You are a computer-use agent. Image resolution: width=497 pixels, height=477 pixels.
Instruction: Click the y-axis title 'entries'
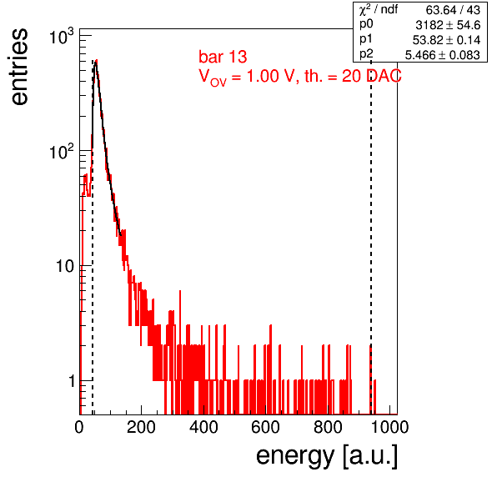coord(20,67)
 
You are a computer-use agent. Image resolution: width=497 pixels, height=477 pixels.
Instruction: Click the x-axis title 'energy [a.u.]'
coord(327,457)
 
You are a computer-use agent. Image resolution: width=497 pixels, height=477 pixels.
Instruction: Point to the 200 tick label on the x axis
coord(141,428)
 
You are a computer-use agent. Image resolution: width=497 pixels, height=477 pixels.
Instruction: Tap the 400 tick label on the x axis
coord(203,428)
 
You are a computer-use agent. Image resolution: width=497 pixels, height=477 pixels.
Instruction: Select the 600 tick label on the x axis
coord(266,428)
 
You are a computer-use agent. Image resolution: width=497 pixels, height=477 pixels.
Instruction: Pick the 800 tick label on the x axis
coord(328,428)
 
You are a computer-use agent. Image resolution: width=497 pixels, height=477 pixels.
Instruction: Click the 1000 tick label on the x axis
coord(389,428)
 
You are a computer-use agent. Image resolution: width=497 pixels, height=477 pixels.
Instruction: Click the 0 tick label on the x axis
coord(79,428)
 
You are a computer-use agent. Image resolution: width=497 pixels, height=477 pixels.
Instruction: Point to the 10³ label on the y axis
coord(62,37)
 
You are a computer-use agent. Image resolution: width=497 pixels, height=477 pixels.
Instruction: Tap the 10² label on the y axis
coord(62,152)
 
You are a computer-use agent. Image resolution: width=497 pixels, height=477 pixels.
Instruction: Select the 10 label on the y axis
coord(65,266)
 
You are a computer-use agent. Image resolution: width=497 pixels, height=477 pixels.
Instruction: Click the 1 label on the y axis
coord(72,381)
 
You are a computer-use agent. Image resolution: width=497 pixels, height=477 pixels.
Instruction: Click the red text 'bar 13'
coord(223,57)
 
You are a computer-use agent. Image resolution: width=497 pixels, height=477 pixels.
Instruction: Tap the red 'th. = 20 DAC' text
coord(353,76)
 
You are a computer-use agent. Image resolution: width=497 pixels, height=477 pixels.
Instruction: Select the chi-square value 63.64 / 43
coord(453,10)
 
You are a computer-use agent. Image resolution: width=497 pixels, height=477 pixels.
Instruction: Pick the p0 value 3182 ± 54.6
coord(448,25)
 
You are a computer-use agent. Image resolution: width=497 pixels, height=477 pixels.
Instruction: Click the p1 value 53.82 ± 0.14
coord(446,40)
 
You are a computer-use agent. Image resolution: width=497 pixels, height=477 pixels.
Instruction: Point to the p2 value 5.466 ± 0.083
coord(443,55)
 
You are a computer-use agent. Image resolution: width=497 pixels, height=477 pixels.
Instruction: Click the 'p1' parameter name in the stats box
coord(366,39)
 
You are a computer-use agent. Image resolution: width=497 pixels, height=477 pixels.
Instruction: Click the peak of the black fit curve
coord(95,63)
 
